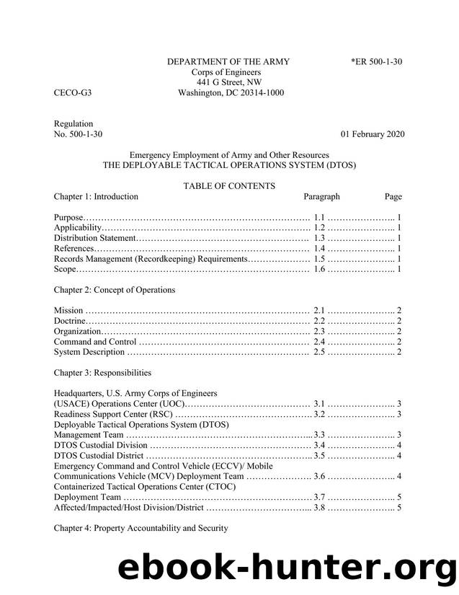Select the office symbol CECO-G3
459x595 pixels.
click(x=72, y=93)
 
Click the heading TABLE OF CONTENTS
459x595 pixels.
click(x=228, y=186)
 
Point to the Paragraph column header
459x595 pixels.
click(x=321, y=196)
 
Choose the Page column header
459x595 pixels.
click(x=393, y=196)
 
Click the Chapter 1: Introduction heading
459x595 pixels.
click(x=96, y=196)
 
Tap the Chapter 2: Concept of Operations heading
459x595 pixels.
click(x=115, y=290)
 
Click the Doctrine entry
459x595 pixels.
click(x=70, y=321)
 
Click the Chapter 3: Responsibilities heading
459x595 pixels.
click(x=102, y=373)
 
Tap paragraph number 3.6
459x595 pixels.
click(x=321, y=477)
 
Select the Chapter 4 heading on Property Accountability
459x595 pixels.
click(x=141, y=529)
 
